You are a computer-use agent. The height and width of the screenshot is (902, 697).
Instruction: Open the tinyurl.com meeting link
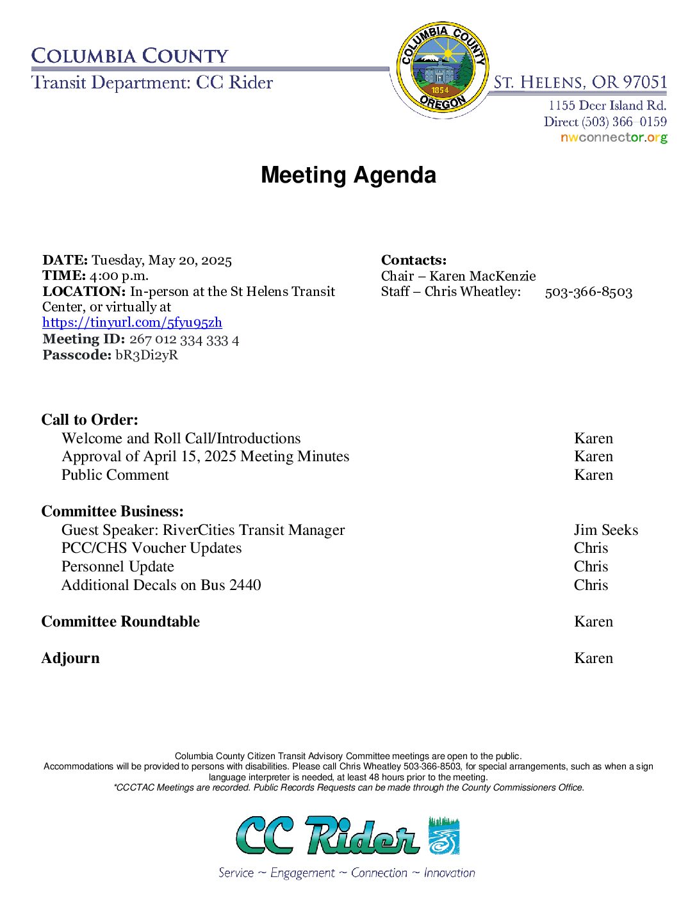(x=132, y=322)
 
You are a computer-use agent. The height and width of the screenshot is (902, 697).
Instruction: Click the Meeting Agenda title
(x=348, y=175)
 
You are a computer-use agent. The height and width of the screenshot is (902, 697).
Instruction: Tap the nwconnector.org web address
(x=613, y=138)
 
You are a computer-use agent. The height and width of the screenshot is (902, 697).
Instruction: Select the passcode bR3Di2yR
(x=147, y=355)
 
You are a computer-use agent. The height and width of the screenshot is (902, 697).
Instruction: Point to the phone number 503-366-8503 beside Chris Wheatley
(x=588, y=292)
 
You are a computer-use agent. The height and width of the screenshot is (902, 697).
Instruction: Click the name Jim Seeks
(x=605, y=530)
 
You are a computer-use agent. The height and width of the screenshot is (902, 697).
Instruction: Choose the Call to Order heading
(x=90, y=420)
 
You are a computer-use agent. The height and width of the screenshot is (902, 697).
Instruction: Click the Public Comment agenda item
(x=115, y=475)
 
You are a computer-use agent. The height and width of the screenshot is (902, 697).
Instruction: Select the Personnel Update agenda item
(x=118, y=566)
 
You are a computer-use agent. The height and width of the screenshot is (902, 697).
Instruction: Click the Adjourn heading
(x=70, y=658)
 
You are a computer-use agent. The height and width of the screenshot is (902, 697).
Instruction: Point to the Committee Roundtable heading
(x=120, y=621)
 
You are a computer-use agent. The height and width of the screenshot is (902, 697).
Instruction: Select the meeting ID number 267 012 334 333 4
(x=184, y=340)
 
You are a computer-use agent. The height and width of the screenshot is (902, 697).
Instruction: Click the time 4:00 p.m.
(x=119, y=275)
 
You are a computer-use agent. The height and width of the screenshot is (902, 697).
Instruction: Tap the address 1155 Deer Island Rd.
(x=607, y=105)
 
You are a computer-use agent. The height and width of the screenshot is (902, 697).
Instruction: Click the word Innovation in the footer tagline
(x=449, y=873)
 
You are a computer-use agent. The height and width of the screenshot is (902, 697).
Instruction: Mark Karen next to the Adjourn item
(x=593, y=658)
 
